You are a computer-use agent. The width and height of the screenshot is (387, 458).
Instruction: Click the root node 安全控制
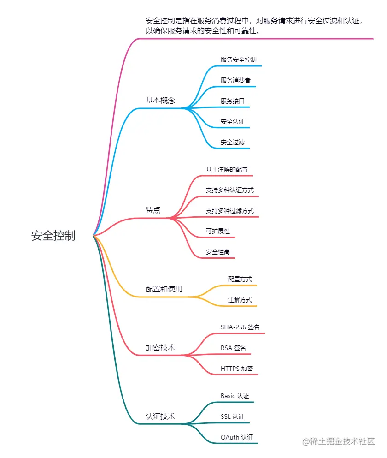coord(53,236)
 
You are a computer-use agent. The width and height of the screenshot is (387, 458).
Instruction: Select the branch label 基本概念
coord(160,100)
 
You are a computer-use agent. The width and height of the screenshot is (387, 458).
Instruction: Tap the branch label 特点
coord(153,210)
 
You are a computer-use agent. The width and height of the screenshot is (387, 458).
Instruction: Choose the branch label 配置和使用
coord(164,289)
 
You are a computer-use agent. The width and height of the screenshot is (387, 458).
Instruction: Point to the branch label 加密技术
coord(160,347)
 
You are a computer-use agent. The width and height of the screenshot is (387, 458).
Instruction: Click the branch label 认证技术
coord(160,416)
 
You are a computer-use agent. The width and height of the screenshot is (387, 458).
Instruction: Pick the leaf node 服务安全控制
coord(238,59)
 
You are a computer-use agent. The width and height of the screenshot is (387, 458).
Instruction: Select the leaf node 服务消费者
coord(235,80)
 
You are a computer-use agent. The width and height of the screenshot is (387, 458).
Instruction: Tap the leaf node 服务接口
coord(232,101)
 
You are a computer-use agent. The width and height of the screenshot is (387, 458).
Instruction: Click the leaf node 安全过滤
coord(232,142)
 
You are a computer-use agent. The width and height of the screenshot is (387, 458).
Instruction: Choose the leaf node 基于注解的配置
coord(227,169)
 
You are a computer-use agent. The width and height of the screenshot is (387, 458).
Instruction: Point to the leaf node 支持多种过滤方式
coord(229,211)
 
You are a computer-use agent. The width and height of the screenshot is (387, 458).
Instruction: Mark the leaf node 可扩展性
coord(217,231)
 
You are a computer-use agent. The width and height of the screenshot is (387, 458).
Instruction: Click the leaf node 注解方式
coord(240,300)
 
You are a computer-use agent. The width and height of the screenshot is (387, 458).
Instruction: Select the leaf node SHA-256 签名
coord(240,327)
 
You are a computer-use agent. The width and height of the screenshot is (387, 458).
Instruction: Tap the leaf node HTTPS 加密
coord(237,369)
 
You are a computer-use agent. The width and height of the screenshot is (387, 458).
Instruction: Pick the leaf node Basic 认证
coord(235,396)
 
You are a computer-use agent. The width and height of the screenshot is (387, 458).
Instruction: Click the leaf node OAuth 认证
coord(237,437)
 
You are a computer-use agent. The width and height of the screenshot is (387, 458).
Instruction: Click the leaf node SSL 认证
coord(232,416)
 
